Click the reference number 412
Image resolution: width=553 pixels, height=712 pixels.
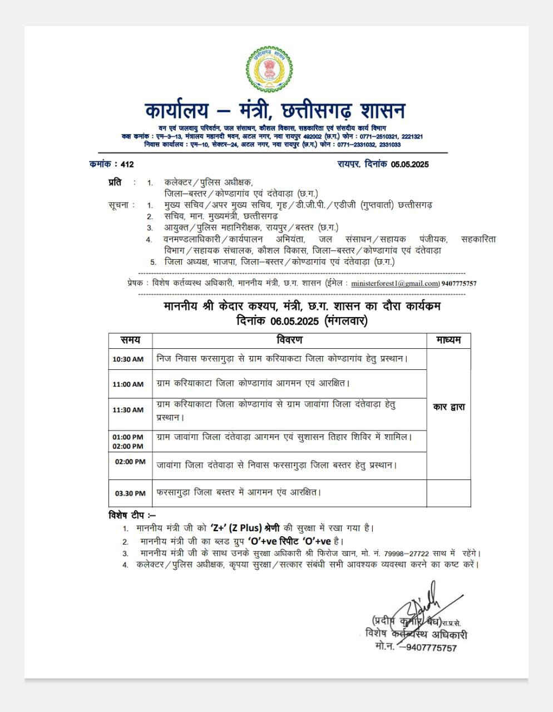(x=127, y=164)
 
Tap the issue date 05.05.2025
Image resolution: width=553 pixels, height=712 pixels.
(x=409, y=164)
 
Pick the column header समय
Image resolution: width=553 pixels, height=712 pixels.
(x=130, y=340)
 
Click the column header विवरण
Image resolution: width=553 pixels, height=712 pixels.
(x=289, y=340)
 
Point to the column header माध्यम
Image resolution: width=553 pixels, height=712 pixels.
(x=448, y=340)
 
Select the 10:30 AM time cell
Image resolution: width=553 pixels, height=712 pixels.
(x=128, y=359)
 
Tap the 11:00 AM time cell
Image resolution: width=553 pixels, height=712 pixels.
(x=128, y=384)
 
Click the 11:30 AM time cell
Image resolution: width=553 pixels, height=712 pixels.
(x=128, y=410)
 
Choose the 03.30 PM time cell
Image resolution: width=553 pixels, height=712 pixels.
(x=130, y=493)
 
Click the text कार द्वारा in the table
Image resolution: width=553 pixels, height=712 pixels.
(x=448, y=407)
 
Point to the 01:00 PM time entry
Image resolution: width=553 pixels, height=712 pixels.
(x=128, y=437)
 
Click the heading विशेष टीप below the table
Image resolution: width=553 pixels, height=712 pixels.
(x=132, y=515)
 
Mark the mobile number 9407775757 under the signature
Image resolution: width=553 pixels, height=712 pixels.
(x=431, y=647)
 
